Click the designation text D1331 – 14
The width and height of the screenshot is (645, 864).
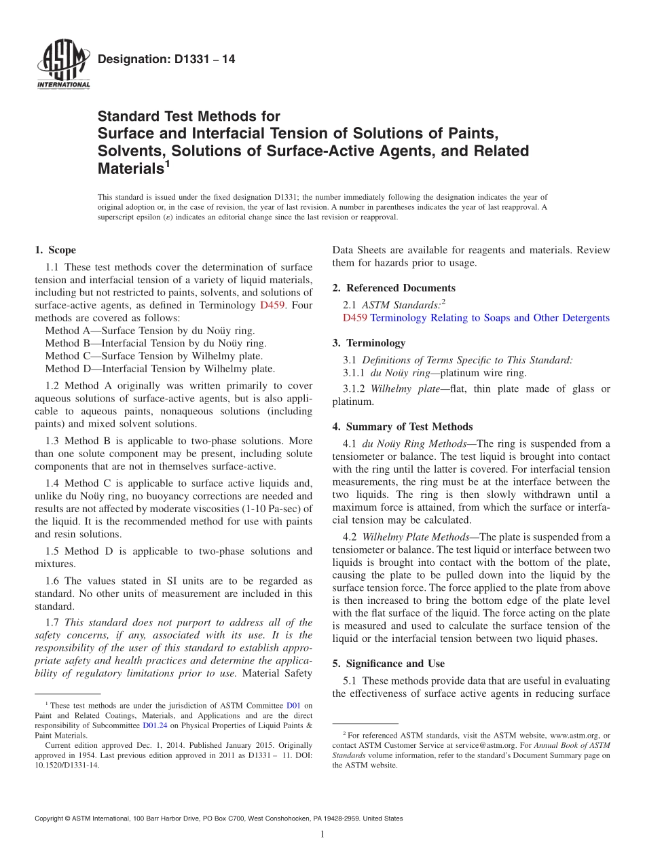click(166, 60)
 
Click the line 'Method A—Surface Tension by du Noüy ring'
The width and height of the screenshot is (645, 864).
click(150, 331)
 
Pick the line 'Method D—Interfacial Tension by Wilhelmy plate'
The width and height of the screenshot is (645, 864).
click(160, 369)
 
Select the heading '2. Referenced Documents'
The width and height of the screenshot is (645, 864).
click(394, 288)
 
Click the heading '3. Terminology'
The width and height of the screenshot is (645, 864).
click(369, 343)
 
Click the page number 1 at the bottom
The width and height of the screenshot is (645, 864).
click(322, 834)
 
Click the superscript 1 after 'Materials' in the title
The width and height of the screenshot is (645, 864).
click(166, 163)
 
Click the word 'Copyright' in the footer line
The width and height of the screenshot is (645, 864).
click(52, 818)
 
